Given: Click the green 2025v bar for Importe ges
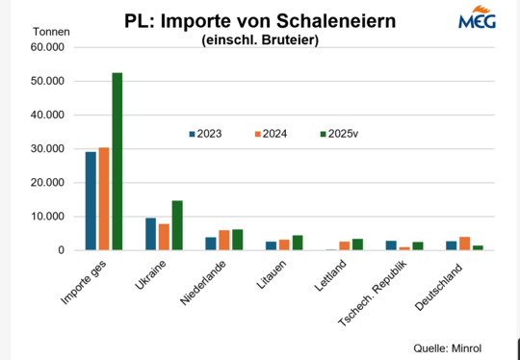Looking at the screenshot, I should pos(117,162).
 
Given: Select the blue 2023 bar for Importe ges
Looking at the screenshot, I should pos(91,201).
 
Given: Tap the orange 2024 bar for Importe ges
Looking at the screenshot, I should pos(104,199).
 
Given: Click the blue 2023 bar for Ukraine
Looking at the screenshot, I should pos(150,234).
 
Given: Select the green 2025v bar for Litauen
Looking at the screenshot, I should pos(297,243).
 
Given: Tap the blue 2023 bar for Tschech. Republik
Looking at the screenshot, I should pos(391,245).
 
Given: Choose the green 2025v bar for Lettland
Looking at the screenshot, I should pos(357,244).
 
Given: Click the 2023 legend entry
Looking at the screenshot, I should pos(205,134).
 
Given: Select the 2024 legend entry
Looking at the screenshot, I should pos(271,134).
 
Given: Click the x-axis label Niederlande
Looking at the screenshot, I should pos(205,282).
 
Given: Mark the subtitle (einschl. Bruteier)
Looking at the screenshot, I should pos(259,40).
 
